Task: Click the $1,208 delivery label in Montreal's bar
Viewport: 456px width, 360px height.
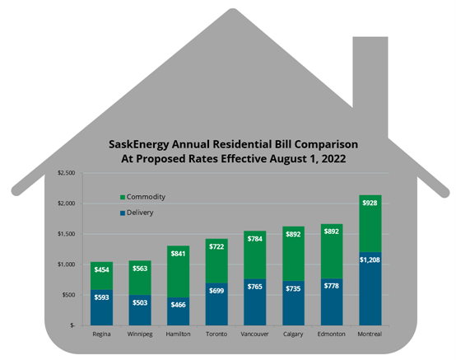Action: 370,259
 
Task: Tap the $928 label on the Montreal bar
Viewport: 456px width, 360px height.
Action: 370,202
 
